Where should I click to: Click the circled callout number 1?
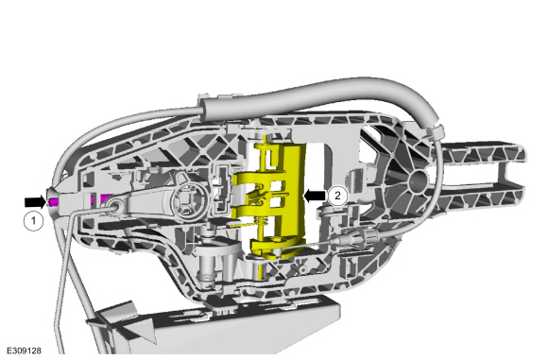coord(34,220)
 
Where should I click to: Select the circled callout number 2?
coord(337,196)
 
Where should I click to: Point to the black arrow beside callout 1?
coord(35,201)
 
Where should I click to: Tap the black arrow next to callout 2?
coord(316,196)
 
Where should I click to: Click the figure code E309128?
coord(24,351)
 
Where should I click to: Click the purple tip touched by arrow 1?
coord(54,202)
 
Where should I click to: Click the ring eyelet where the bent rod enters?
coord(115,205)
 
